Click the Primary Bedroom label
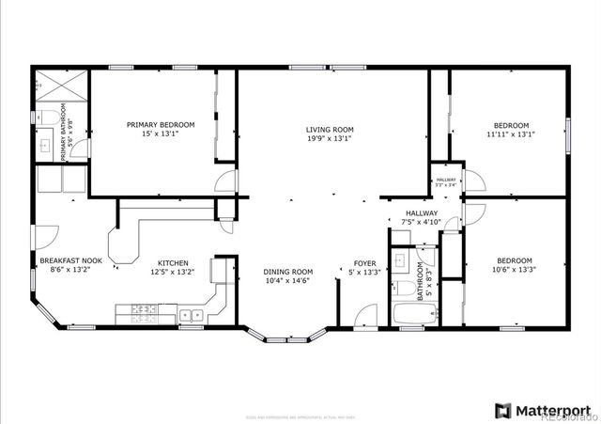161,125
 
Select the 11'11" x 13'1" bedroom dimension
512,133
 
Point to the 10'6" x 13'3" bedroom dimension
514,269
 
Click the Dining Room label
287,272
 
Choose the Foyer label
364,263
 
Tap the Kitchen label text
173,263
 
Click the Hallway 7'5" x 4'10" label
422,213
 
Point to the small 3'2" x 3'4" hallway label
445,181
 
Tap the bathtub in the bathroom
410,315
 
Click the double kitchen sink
193,316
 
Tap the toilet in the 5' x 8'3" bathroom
398,287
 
